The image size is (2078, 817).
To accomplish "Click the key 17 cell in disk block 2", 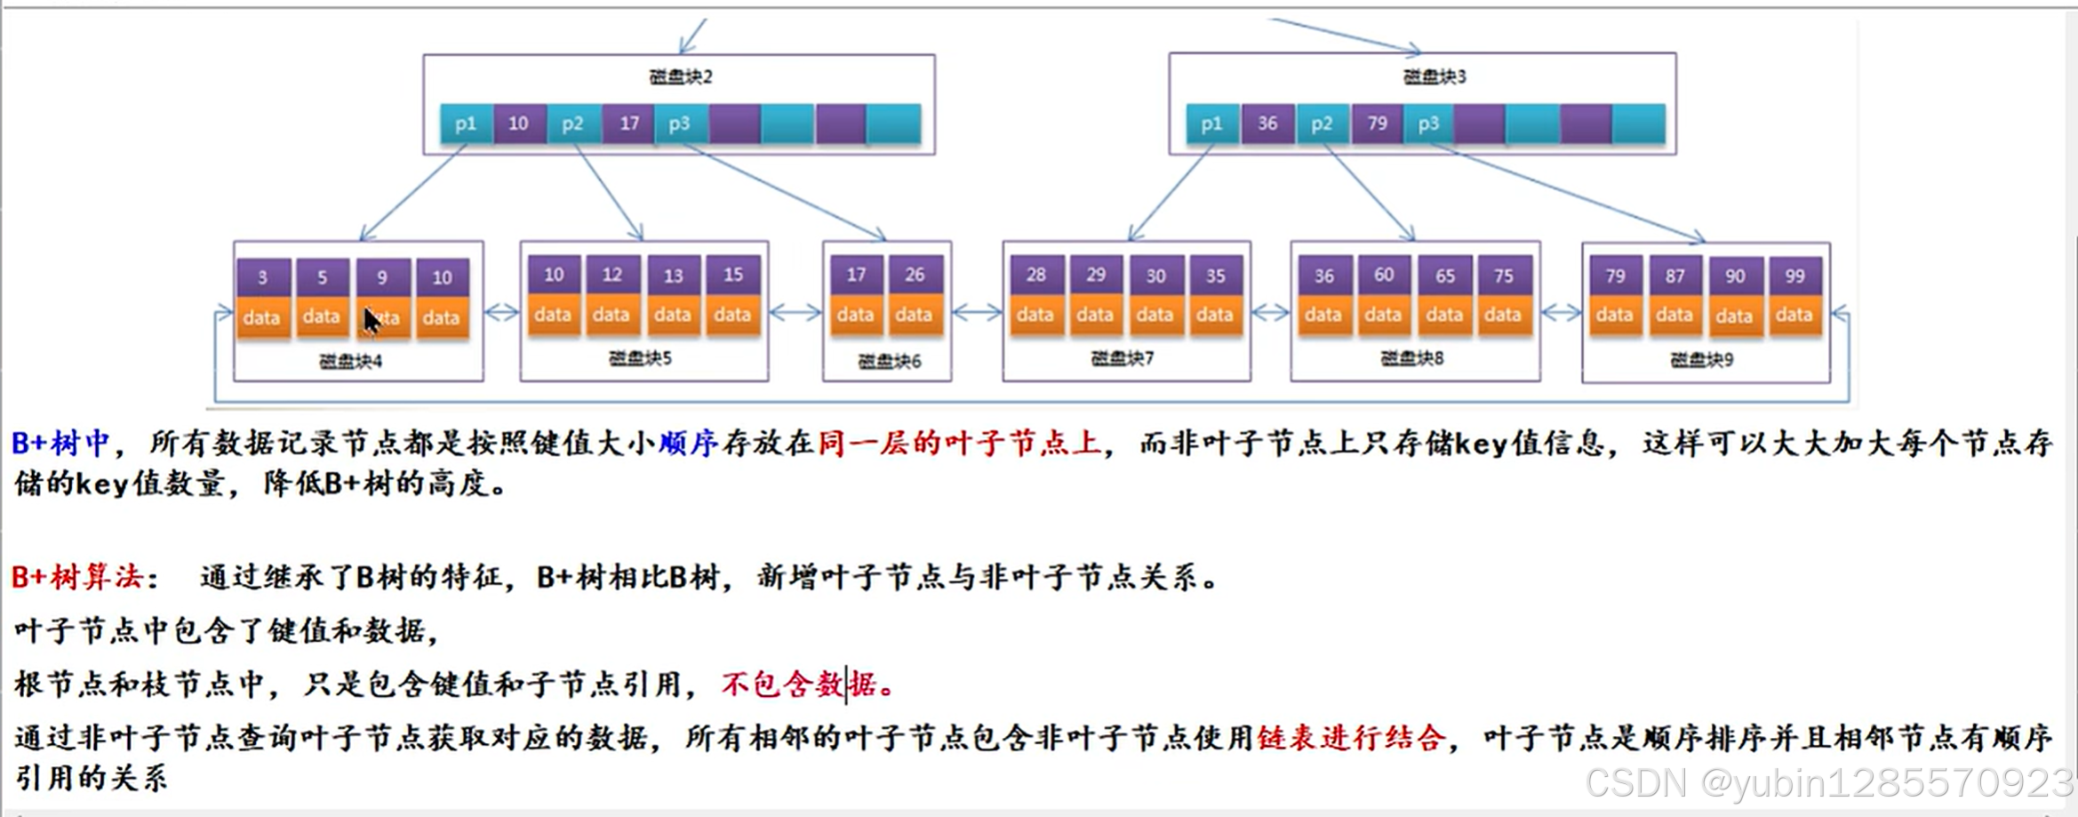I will [628, 124].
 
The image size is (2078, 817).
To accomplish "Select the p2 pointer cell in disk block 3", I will [1322, 124].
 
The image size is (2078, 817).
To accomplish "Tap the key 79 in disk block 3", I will [1377, 124].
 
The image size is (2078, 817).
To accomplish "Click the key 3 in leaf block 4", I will [262, 277].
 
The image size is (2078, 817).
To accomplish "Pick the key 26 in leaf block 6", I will [915, 275].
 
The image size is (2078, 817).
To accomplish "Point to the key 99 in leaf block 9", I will [1794, 276].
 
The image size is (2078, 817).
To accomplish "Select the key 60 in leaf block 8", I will [1383, 275].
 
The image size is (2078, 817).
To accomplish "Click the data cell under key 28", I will [1035, 315].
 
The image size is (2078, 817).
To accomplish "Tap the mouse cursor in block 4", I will [372, 321].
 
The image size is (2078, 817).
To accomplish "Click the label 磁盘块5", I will [640, 358].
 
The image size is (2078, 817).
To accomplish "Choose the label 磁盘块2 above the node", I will [681, 77].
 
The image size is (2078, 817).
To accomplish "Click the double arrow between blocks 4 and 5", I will [502, 313].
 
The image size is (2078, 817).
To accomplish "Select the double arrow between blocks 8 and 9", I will [1561, 313].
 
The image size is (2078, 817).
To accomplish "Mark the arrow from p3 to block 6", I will [787, 193].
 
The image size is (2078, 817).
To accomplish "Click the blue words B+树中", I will [60, 443].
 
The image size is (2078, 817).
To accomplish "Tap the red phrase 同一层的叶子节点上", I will [958, 443].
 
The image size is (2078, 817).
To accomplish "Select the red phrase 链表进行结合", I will [1351, 738].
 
